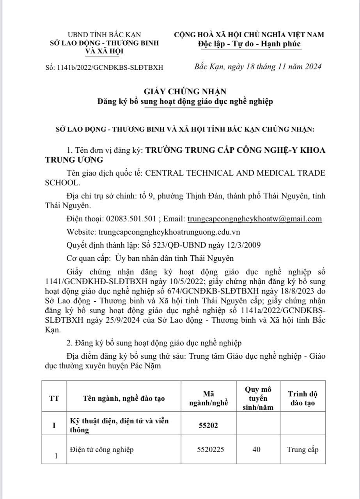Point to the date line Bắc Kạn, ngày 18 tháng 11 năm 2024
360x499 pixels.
click(x=258, y=67)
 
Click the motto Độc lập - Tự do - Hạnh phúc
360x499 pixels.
click(x=249, y=44)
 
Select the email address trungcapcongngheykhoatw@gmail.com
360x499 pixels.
click(x=255, y=219)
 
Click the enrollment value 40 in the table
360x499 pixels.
click(x=256, y=449)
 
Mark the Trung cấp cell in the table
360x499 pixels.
click(x=303, y=449)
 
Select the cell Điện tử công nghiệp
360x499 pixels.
click(x=102, y=449)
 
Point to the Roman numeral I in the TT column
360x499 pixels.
click(x=54, y=425)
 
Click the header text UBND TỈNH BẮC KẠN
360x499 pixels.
click(x=105, y=35)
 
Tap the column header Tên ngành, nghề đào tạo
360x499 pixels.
click(x=124, y=398)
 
